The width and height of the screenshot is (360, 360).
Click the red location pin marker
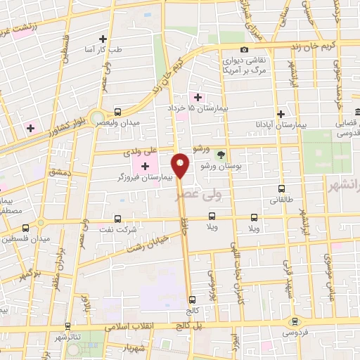click(x=181, y=165)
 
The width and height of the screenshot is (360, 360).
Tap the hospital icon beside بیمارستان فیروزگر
click(x=146, y=167)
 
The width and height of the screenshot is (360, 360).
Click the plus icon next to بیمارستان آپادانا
click(x=281, y=114)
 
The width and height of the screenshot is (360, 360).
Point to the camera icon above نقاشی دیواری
click(x=244, y=49)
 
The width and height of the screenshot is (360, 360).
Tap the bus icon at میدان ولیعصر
click(x=117, y=111)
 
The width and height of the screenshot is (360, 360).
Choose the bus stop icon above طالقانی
click(x=282, y=188)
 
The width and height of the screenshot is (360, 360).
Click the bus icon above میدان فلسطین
click(x=26, y=228)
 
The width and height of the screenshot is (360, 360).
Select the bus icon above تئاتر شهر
click(x=67, y=326)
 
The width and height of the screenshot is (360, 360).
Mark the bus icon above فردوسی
click(x=295, y=320)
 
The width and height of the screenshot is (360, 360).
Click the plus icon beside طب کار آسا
click(x=103, y=39)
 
